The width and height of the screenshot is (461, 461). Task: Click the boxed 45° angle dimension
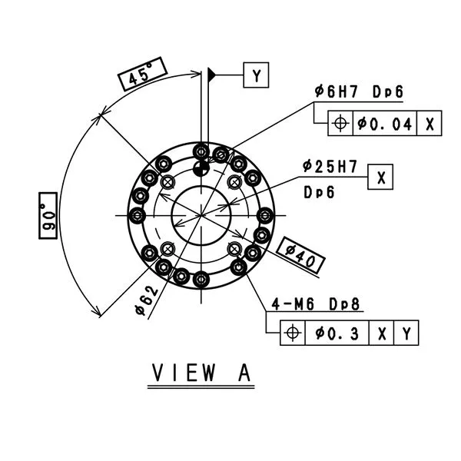pyautogui.click(x=143, y=74)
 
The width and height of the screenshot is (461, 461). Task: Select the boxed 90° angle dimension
pyautogui.click(x=48, y=215)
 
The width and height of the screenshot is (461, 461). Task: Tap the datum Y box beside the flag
pyautogui.click(x=256, y=75)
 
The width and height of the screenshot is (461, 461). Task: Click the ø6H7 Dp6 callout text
pyautogui.click(x=359, y=91)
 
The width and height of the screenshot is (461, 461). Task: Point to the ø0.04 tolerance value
pyautogui.click(x=385, y=124)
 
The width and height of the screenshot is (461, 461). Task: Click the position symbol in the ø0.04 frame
pyautogui.click(x=340, y=123)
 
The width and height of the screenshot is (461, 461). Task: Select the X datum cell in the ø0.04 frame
pyautogui.click(x=429, y=124)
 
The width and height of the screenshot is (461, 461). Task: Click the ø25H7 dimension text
pyautogui.click(x=330, y=167)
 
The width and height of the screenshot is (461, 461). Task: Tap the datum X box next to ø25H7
pyautogui.click(x=380, y=177)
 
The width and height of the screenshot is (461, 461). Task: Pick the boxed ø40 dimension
pyautogui.click(x=300, y=255)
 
